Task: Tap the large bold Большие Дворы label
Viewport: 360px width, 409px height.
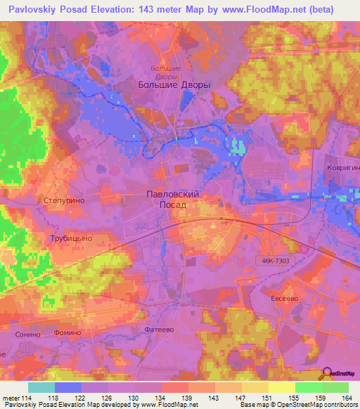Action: click(172, 84)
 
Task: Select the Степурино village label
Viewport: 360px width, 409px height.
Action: click(64, 200)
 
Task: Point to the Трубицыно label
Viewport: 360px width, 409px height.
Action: click(71, 238)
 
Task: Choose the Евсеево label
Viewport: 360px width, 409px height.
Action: click(286, 298)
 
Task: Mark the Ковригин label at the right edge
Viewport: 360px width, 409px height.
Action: click(343, 169)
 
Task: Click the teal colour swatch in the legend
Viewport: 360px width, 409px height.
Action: click(41, 387)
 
